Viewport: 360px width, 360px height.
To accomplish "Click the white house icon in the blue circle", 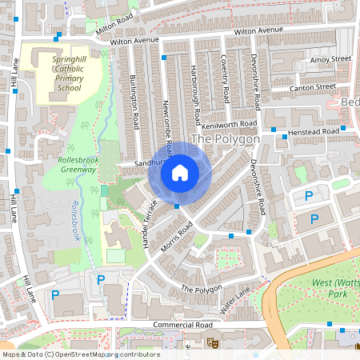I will (180, 172).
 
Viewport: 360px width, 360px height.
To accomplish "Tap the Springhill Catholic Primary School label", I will (67, 72).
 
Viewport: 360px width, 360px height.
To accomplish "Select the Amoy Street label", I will (330, 59).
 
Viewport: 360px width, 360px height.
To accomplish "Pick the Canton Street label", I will (314, 86).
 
